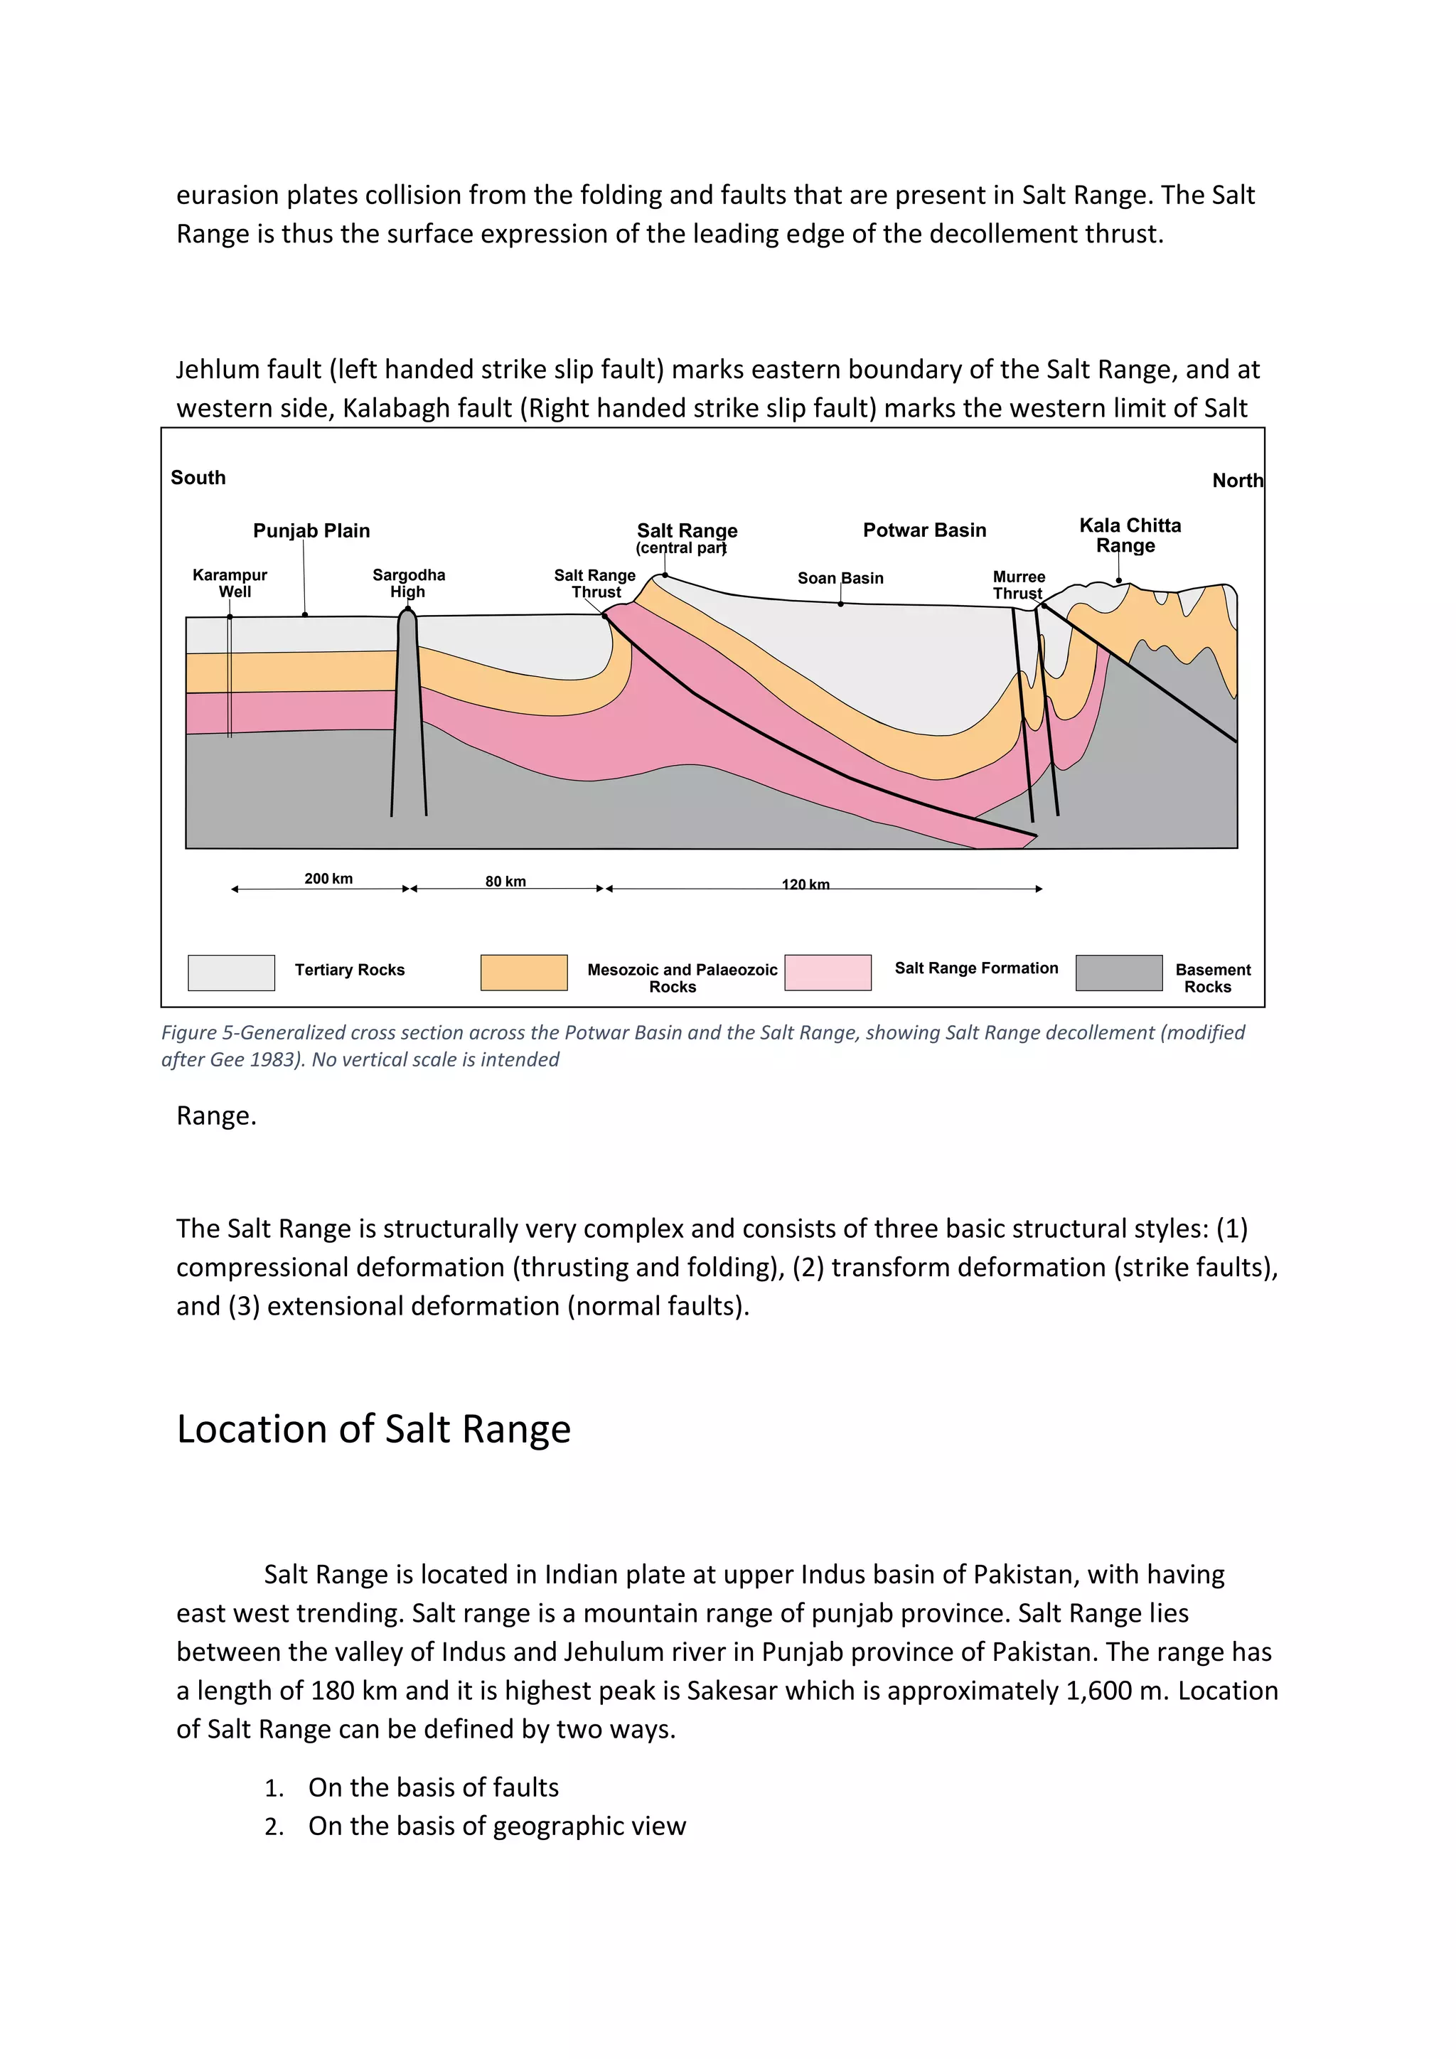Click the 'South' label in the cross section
(x=198, y=478)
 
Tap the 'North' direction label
(x=1237, y=481)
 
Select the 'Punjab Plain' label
(x=311, y=531)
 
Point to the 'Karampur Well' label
(x=230, y=583)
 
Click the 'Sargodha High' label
(x=409, y=583)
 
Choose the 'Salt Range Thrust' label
(x=594, y=584)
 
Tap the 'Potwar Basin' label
(x=924, y=530)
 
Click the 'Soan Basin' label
(x=840, y=579)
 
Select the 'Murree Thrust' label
(x=1019, y=584)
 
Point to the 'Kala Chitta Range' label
(x=1130, y=535)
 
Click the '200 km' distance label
(x=328, y=879)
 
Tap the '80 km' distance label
(x=505, y=882)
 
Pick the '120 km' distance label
(x=805, y=884)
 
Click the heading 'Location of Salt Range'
(x=374, y=1430)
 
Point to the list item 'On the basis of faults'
(x=433, y=1787)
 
